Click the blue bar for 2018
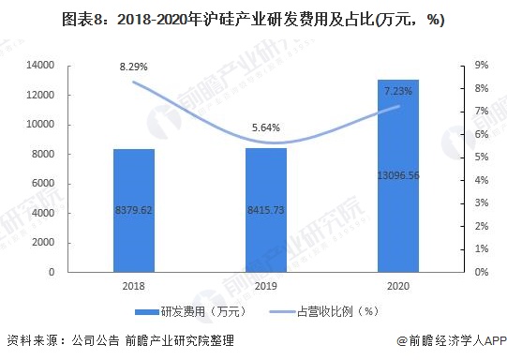133,210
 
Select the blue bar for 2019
266,210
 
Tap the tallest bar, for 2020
398,176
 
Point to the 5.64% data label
266,128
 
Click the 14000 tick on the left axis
41,66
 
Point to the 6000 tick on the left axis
44,184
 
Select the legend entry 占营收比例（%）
336,312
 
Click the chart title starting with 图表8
253,18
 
